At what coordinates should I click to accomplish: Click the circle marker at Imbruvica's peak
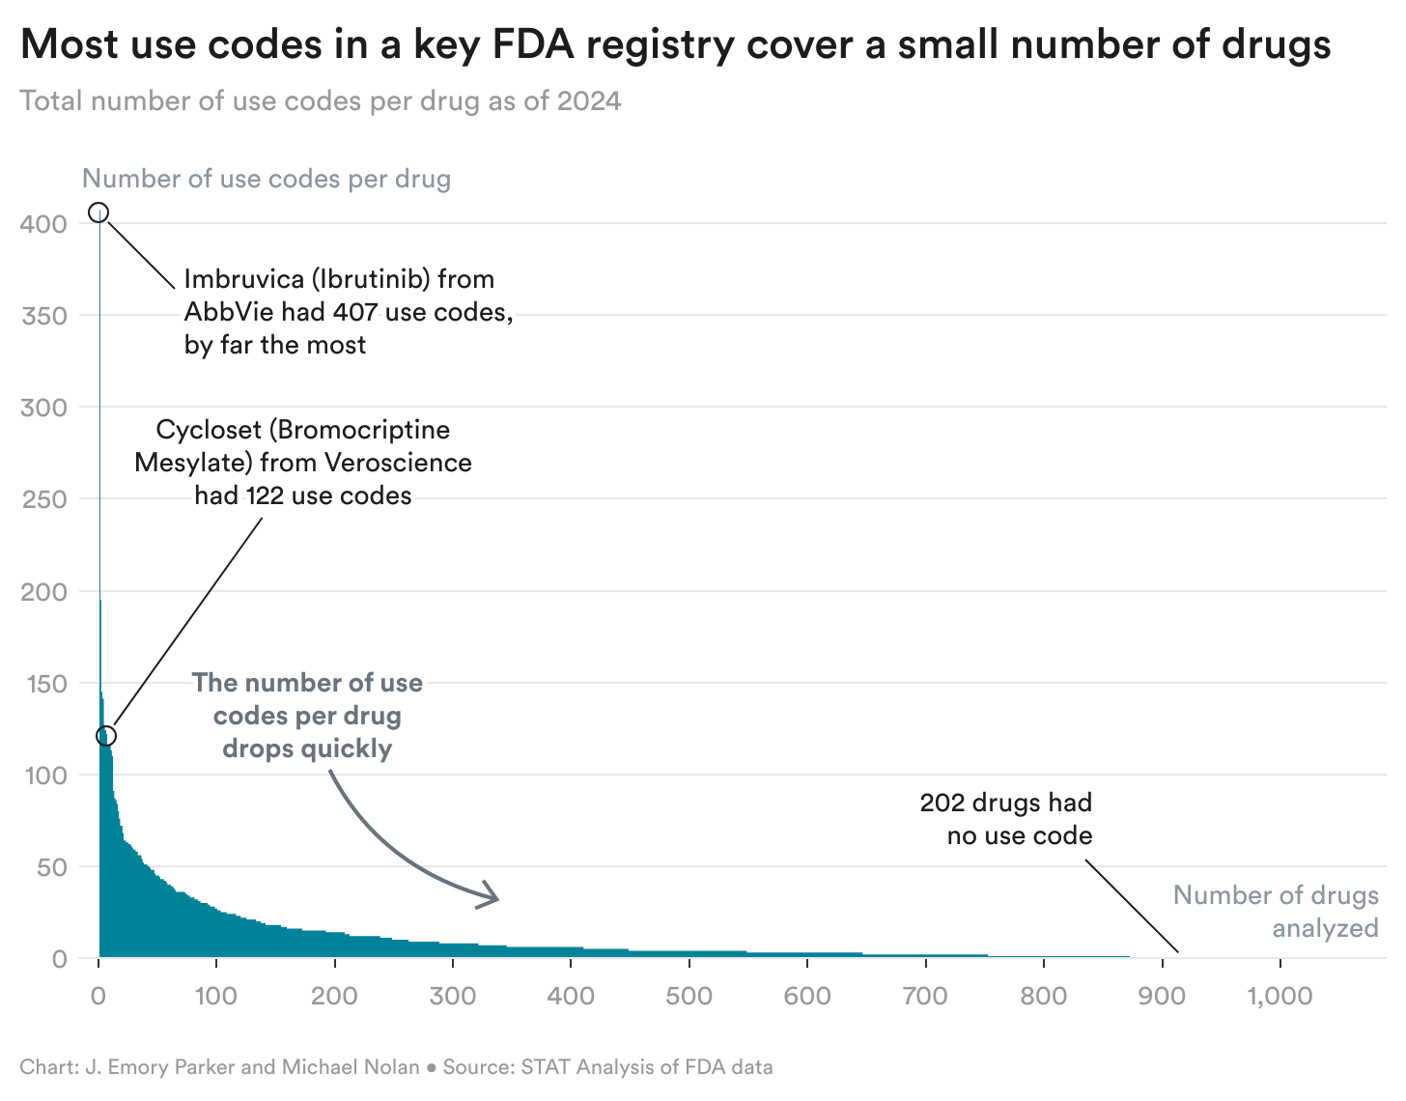coord(98,212)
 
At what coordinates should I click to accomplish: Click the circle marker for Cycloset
coord(106,736)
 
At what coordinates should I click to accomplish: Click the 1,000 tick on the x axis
coord(1279,996)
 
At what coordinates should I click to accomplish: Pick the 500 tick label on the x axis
coord(689,996)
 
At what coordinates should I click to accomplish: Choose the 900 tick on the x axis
coord(1162,996)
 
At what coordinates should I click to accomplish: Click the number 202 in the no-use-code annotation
coord(942,803)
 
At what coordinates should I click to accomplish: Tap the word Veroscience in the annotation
coord(398,463)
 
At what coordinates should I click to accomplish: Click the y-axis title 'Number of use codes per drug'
coord(267,179)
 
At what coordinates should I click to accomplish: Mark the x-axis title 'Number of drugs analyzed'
coord(1276,912)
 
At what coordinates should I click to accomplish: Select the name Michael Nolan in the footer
coord(351,1067)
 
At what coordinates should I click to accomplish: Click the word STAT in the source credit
coord(543,1067)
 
